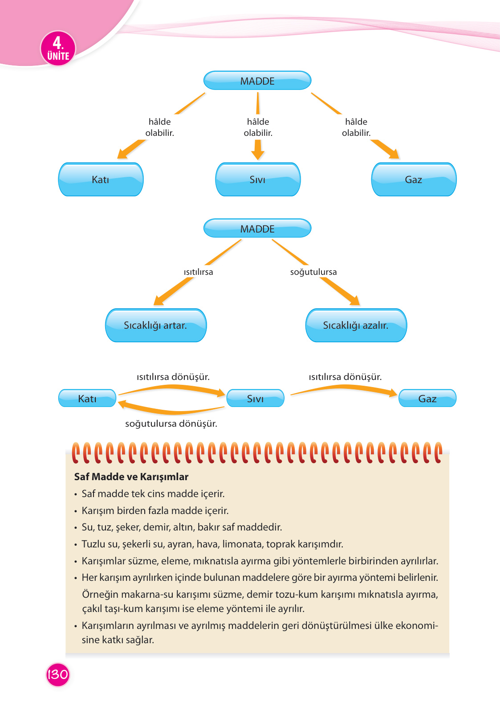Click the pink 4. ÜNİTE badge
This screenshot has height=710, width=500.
pyautogui.click(x=58, y=49)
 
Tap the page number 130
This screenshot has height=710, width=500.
pyautogui.click(x=58, y=674)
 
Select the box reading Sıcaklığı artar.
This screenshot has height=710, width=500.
pyautogui.click(x=156, y=326)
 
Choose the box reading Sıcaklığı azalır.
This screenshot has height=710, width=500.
pyautogui.click(x=356, y=326)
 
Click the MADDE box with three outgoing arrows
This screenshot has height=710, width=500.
pyautogui.click(x=257, y=81)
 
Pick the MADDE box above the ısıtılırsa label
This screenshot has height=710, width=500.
pyautogui.click(x=257, y=229)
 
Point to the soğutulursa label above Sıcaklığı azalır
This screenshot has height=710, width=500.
pyautogui.click(x=313, y=272)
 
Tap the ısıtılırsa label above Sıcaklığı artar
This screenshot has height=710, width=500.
pyautogui.click(x=199, y=272)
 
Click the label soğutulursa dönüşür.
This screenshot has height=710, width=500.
pyautogui.click(x=171, y=424)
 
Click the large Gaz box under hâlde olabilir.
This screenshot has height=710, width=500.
pyautogui.click(x=414, y=180)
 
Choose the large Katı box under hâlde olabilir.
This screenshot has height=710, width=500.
pyautogui.click(x=101, y=180)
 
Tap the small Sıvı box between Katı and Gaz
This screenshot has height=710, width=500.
pyautogui.click(x=255, y=399)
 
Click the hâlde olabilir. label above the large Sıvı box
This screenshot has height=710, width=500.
pyautogui.click(x=258, y=127)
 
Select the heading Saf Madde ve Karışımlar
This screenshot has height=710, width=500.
pyautogui.click(x=131, y=477)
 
